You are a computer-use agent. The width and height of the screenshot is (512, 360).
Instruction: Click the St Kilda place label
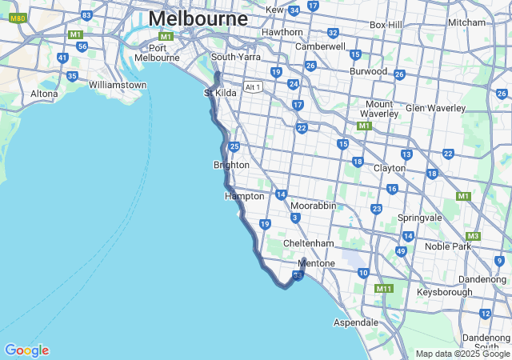[220, 93]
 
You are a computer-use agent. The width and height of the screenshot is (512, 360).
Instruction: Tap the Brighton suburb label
[231, 165]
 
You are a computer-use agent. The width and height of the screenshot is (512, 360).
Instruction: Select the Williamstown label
[118, 85]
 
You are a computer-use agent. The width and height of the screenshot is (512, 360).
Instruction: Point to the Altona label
[44, 94]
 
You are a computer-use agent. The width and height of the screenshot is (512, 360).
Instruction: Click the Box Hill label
[386, 25]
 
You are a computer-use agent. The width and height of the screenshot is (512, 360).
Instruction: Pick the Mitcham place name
[466, 22]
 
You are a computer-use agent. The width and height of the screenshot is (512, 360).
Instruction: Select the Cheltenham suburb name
[308, 243]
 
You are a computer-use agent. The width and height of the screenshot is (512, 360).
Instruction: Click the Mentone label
[316, 263]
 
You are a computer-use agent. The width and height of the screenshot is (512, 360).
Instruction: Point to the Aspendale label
[356, 322]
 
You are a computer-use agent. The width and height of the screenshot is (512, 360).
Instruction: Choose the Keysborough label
[445, 293]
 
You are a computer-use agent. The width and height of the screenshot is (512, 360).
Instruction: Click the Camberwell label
[320, 46]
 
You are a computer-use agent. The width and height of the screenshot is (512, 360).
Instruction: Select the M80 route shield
[18, 17]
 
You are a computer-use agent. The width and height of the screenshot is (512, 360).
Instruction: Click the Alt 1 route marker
[254, 87]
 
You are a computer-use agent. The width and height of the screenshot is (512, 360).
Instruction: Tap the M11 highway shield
[384, 288]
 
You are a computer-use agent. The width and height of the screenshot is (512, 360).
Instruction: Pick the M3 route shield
[473, 236]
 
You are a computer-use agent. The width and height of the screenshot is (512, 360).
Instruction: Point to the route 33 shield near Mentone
[298, 276]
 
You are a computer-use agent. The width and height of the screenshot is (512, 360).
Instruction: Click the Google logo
[26, 350]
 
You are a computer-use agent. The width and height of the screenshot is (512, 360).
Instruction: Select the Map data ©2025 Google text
[462, 354]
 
